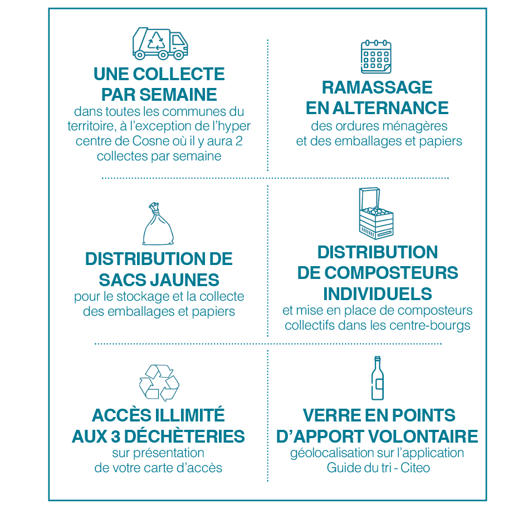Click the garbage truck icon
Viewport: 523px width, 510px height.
(160, 43)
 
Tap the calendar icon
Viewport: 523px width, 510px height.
(376, 57)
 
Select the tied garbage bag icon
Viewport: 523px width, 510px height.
(158, 224)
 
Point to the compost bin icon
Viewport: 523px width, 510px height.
(376, 213)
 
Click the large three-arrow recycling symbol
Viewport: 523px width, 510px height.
(159, 382)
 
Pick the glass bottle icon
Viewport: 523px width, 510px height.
(378, 378)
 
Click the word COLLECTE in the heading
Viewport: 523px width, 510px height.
(179, 74)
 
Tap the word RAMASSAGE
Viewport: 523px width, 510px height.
(377, 87)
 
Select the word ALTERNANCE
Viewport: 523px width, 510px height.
(390, 108)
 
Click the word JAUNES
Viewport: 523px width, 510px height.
(184, 280)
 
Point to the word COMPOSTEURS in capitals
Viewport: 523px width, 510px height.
(391, 273)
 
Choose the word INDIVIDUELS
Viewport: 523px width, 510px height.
(378, 294)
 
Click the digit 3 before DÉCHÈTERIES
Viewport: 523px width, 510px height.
(115, 437)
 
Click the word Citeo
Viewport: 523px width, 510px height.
(415, 468)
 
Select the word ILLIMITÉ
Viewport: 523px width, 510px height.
(190, 415)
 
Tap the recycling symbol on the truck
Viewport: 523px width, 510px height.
(156, 41)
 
